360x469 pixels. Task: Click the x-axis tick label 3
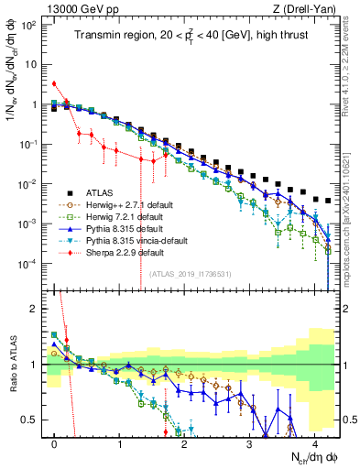click(x=250, y=442)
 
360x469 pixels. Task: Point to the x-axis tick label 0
click(x=55, y=442)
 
